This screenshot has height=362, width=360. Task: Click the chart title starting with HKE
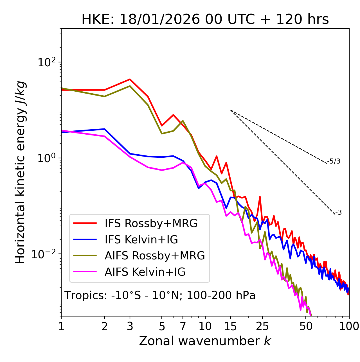[205, 20]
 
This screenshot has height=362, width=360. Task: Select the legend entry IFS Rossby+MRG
[151, 223]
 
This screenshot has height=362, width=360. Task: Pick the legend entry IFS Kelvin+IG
[141, 239]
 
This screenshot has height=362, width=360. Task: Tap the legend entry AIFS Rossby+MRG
[155, 255]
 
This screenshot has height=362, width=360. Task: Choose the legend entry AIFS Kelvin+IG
[145, 272]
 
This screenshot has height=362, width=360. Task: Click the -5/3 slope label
[334, 161]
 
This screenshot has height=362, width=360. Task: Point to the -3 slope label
[338, 213]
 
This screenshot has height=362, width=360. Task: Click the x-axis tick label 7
[183, 326]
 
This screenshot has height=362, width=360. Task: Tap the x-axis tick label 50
[306, 326]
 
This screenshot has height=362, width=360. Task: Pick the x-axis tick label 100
[349, 326]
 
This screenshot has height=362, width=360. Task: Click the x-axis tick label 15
[230, 326]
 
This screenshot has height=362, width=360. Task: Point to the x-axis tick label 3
[130, 326]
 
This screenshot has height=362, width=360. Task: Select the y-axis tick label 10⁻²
[45, 254]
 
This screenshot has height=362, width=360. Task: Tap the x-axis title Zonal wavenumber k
[205, 341]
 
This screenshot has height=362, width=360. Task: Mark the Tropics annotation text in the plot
[160, 295]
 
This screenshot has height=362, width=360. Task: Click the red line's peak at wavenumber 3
[130, 79]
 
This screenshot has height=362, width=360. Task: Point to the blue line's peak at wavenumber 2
[105, 129]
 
